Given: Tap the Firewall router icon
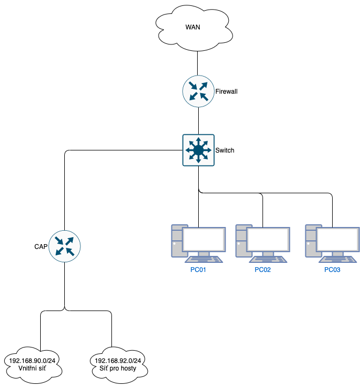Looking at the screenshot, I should (x=198, y=91).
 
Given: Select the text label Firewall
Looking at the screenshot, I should (x=226, y=92).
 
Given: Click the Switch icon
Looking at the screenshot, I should (x=198, y=150).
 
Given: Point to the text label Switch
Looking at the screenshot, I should (x=224, y=150).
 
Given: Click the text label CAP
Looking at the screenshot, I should (x=41, y=247).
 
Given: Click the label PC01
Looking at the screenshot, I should (x=198, y=270).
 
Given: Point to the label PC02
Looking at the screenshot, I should (x=262, y=270).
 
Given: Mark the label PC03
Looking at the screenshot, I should (x=332, y=270).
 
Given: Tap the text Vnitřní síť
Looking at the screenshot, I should (x=33, y=369).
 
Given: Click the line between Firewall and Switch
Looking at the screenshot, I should (x=198, y=120).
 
